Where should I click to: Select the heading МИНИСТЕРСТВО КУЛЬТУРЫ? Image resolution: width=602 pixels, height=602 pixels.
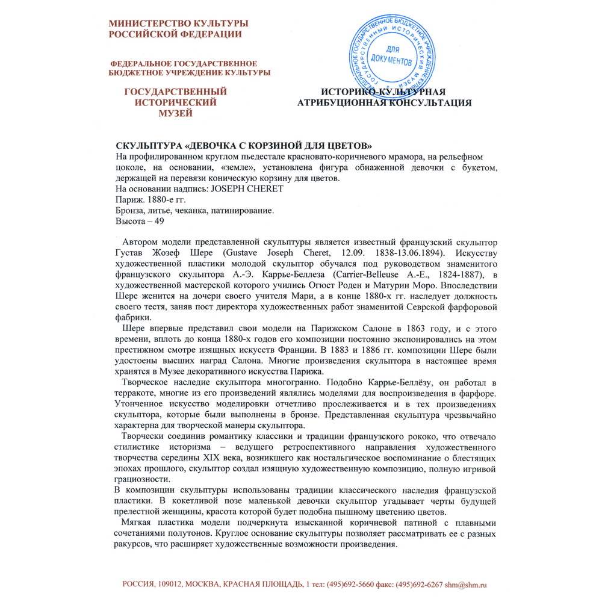coord(178,23)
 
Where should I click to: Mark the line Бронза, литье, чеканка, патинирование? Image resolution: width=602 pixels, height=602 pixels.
coord(194,211)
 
